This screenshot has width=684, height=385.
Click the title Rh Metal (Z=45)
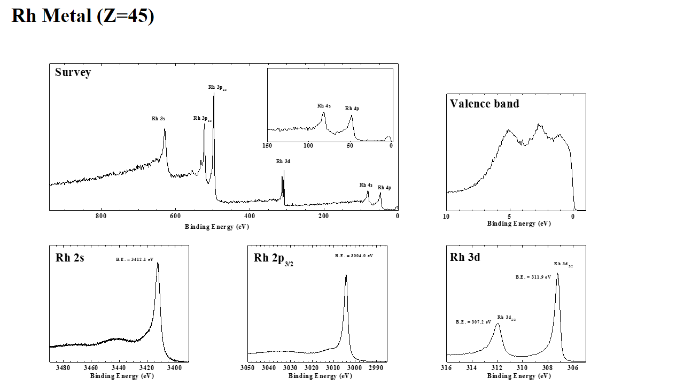(83, 16)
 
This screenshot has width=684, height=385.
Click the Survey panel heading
(73, 72)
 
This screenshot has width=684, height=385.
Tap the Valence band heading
(484, 104)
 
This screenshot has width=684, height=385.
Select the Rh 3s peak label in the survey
(158, 119)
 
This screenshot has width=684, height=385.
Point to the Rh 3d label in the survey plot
(283, 161)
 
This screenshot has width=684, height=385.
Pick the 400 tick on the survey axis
(249, 216)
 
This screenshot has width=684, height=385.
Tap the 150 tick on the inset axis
(267, 145)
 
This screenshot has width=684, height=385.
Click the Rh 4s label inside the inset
(324, 106)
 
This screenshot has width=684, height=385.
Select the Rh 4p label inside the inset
(352, 109)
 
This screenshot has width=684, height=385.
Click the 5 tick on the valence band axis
(510, 216)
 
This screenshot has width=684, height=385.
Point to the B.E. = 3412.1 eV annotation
(135, 259)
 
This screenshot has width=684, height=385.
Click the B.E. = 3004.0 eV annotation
(354, 256)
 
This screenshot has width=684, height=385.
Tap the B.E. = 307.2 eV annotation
(473, 322)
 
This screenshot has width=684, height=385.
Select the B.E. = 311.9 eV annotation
(533, 277)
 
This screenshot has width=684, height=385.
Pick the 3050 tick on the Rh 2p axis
(247, 368)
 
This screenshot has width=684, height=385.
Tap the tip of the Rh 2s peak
(158, 263)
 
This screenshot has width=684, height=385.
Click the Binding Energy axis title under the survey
(217, 227)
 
